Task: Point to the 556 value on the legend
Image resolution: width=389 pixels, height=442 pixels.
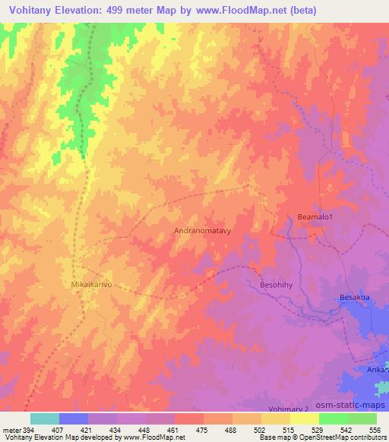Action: click(375, 430)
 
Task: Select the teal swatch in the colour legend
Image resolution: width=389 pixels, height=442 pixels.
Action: click(44, 418)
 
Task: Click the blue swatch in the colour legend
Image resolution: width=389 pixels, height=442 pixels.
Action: click(74, 418)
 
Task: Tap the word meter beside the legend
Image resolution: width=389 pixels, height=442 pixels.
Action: click(11, 430)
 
